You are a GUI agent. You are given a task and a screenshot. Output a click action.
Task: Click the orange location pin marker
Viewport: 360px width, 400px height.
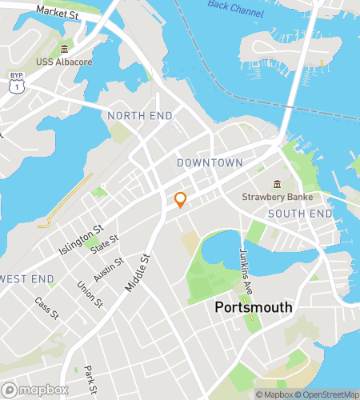[x=181, y=200]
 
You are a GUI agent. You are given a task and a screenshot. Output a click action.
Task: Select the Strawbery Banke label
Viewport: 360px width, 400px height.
[x=282, y=197]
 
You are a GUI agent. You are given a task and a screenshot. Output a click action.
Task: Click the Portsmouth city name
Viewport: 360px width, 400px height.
[x=254, y=307]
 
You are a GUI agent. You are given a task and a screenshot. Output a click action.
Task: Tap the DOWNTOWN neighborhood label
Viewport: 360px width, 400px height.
[x=210, y=162]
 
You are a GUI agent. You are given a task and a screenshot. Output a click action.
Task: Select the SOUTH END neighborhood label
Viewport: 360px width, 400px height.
[x=300, y=214]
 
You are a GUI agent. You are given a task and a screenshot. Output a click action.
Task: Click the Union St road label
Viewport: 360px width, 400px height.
[x=90, y=294]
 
